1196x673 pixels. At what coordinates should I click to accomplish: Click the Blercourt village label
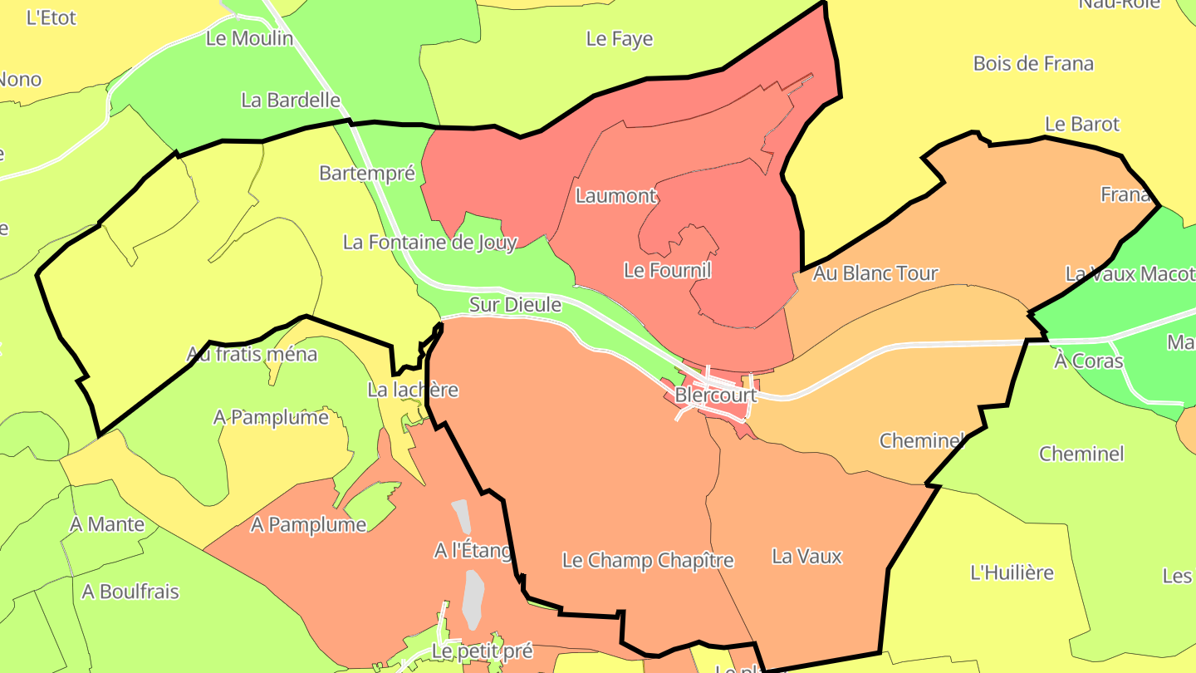point(715,395)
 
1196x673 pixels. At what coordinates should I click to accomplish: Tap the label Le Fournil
point(667,270)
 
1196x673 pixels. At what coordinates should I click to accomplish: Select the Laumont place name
point(616,196)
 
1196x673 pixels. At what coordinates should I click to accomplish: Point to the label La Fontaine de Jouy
point(430,243)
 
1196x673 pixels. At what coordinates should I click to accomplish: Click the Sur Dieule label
point(515,305)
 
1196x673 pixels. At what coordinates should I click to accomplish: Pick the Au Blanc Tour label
point(875,273)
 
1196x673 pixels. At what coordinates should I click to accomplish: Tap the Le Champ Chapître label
point(648,561)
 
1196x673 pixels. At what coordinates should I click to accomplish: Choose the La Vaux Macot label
point(1130,273)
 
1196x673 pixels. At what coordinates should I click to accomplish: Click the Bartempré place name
point(366,173)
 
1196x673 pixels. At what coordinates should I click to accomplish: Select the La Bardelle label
point(291,101)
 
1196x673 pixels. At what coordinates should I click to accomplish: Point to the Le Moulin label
point(249,38)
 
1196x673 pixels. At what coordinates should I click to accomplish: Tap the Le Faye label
point(620,39)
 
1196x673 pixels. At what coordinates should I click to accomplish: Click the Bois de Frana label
point(1033,64)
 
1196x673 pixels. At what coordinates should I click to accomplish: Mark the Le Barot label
point(1082,125)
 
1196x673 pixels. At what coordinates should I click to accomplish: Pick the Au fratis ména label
point(252,355)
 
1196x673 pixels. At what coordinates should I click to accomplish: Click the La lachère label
point(413,390)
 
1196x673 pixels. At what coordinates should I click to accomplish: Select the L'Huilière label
point(1012,572)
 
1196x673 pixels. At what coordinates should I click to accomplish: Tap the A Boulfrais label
point(130,592)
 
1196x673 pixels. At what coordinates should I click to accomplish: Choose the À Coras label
point(1088,361)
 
